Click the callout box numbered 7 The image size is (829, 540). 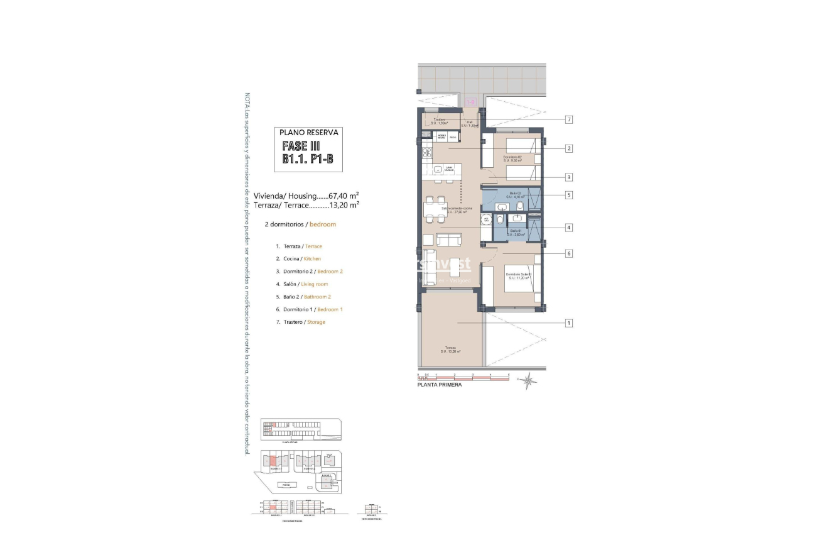coord(568,119)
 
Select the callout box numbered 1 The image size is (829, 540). coord(568,323)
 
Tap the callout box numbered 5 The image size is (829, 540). coord(568,195)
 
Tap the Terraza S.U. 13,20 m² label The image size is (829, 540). coord(452,350)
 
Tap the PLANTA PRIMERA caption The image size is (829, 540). coord(439,385)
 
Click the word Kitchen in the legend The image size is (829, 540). coord(312,259)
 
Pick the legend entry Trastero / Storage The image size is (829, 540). coord(300,322)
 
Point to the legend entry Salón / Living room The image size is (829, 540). coord(301,284)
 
